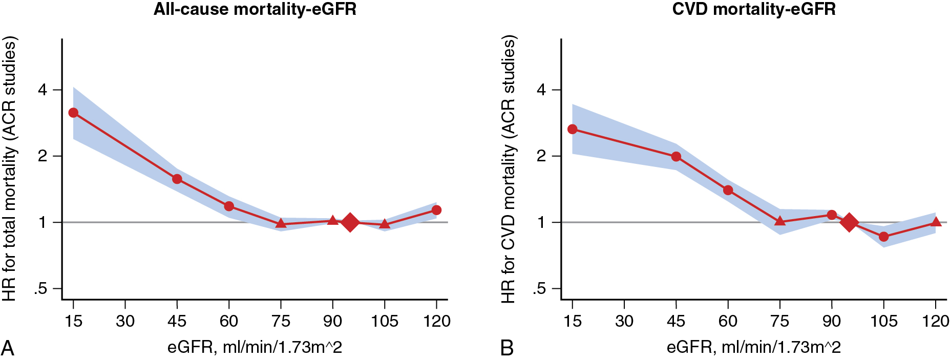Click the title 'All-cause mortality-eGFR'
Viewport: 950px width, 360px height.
click(x=255, y=10)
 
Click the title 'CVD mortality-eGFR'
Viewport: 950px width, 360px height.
click(x=753, y=10)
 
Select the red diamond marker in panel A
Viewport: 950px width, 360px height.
click(x=350, y=222)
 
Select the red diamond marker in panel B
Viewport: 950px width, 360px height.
click(x=849, y=222)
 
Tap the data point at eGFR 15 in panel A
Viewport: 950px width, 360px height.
click(x=73, y=113)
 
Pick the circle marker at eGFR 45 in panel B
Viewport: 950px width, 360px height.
click(x=676, y=157)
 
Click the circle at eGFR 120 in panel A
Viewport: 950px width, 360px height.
click(x=436, y=210)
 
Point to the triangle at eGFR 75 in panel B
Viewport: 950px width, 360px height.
click(x=780, y=221)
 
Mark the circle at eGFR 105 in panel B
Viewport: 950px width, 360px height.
click(x=883, y=237)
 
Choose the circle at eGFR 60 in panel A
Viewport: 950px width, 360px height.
click(x=229, y=206)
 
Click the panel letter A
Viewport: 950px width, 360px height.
click(x=8, y=348)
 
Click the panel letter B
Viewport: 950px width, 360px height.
click(x=506, y=348)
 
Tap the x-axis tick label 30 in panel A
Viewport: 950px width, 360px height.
click(x=125, y=321)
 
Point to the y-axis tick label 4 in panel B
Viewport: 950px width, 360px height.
click(x=541, y=90)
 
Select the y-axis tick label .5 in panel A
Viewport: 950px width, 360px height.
click(x=40, y=289)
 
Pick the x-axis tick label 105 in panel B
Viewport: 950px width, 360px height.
click(x=883, y=321)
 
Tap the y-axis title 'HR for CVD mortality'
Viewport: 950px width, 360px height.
click(x=508, y=169)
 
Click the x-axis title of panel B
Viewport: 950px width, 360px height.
click(x=753, y=348)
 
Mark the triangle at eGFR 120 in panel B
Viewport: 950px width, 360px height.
click(x=936, y=222)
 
